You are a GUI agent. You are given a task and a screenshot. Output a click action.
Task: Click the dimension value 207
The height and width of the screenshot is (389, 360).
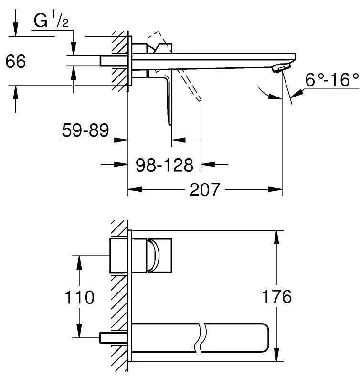pyautogui.click(x=205, y=190)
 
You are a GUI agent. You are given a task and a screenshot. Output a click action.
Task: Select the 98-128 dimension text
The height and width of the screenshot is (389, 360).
pyautogui.click(x=164, y=165)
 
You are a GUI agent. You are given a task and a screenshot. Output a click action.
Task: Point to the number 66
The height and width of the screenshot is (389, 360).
pyautogui.click(x=16, y=61)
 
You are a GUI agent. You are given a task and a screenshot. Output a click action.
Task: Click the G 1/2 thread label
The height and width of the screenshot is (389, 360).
pyautogui.click(x=50, y=21)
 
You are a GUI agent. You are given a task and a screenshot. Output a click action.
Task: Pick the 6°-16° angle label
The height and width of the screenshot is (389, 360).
pyautogui.click(x=332, y=80)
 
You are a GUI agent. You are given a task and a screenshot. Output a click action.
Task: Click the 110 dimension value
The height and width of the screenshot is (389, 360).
pyautogui.click(x=79, y=297)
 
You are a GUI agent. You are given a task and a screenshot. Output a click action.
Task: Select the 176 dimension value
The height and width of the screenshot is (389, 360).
pyautogui.click(x=276, y=297)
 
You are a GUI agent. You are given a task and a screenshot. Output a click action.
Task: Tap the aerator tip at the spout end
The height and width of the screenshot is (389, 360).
pyautogui.click(x=278, y=69)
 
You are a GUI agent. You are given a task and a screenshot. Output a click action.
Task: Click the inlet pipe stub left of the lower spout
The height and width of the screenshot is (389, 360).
pyautogui.click(x=106, y=337)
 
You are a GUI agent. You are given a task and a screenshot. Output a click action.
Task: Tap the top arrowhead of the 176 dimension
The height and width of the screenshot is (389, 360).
pyautogui.click(x=276, y=236)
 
